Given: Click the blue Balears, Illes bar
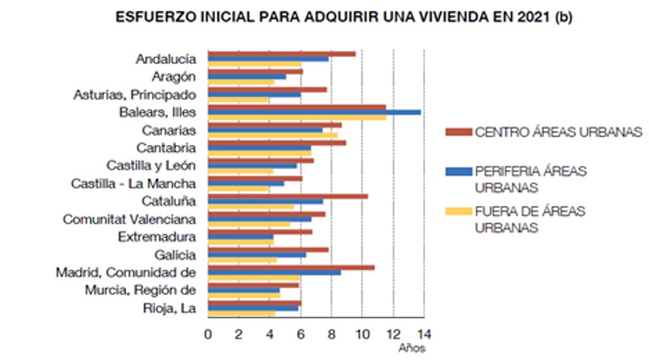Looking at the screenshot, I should (314, 112).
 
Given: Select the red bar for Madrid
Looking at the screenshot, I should (291, 267).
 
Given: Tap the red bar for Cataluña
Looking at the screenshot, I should (288, 196).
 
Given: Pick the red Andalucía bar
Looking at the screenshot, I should (281, 54).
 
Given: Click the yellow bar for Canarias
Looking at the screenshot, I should (273, 135).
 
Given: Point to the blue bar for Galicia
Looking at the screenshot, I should (257, 255).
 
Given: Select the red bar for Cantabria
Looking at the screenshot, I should (277, 143).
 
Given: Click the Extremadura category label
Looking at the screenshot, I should (157, 237).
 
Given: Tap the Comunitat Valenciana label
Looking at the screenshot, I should (129, 219).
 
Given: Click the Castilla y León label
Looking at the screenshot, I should (151, 165).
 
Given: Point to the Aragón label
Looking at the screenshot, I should (174, 77).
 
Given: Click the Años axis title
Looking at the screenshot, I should (412, 348).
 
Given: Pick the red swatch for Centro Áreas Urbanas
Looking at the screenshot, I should (459, 132).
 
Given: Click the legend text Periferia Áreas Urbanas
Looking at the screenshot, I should (530, 179).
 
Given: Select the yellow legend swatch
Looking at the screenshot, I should (459, 211).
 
